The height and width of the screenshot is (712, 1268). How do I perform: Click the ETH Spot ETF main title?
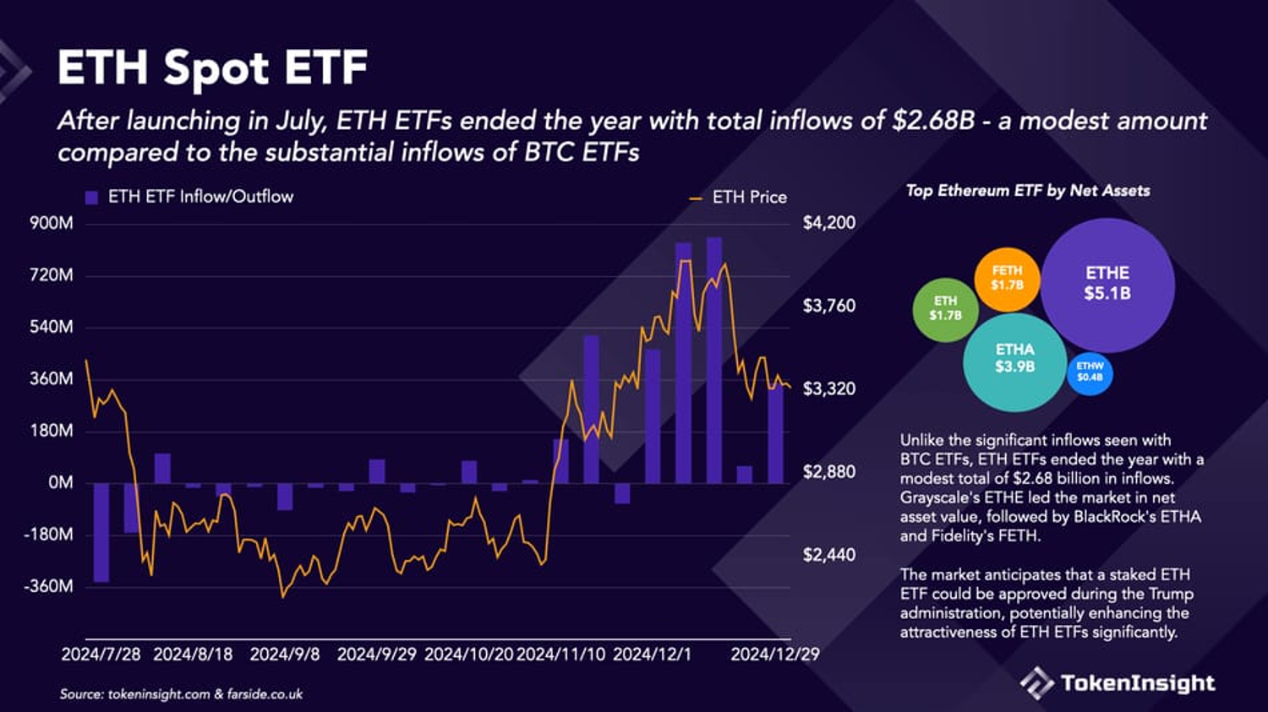212,68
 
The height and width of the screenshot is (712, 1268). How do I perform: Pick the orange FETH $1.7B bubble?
1007,278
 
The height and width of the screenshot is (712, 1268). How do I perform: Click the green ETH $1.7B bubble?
945,308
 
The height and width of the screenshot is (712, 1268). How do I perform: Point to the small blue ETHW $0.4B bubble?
1090,372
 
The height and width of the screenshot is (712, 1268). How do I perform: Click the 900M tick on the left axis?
52,223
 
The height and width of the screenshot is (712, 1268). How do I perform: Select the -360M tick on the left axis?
48,586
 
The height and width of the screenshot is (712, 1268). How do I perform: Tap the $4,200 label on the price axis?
828,223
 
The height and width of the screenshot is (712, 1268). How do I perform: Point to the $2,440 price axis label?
828,555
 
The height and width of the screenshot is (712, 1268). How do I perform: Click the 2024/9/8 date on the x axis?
285,655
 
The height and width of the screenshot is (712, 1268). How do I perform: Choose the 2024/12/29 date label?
774,655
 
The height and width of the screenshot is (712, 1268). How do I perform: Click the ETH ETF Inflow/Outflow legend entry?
190,197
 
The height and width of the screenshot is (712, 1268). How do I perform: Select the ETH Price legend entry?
739,198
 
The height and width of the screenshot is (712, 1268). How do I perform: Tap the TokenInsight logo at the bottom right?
1118,682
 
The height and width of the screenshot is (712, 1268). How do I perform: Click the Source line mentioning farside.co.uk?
181,694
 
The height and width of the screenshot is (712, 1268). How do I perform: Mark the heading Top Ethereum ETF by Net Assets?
1028,191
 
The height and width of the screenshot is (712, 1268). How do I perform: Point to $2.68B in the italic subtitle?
933,121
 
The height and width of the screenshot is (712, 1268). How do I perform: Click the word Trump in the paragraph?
1170,594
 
